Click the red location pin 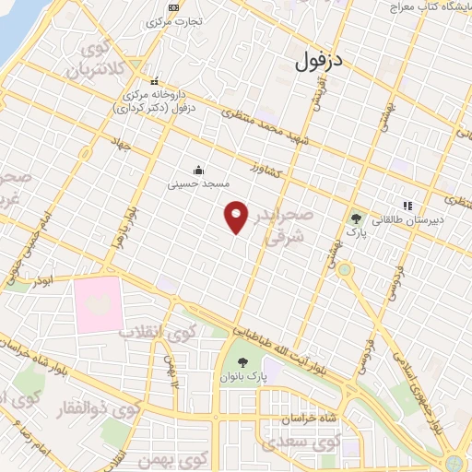pos(237,218)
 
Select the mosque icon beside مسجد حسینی pos(198,170)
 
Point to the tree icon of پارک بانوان pos(242,361)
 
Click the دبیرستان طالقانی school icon pos(407,206)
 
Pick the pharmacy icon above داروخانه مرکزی pos(155,79)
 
